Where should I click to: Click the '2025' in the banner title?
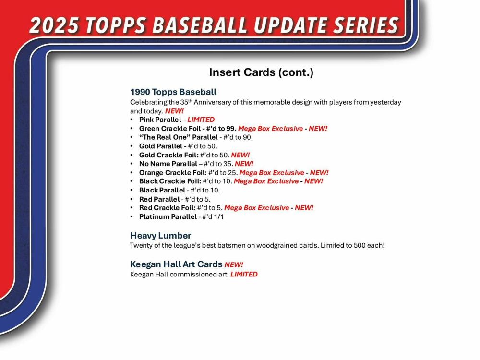(53, 25)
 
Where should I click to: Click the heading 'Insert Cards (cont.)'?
(261, 72)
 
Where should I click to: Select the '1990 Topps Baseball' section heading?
(173, 92)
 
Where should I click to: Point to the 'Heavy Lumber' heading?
(160, 235)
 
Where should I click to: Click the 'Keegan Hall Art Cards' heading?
(176, 264)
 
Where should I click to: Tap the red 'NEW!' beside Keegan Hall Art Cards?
(234, 264)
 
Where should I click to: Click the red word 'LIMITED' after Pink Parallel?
(201, 120)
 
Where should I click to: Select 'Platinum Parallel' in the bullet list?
(168, 216)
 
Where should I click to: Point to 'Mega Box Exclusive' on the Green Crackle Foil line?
(270, 129)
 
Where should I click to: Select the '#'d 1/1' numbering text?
(213, 216)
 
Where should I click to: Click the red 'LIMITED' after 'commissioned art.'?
(244, 274)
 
